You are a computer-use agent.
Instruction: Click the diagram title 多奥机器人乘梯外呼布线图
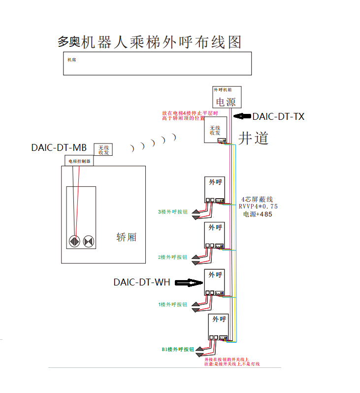click(x=150, y=42)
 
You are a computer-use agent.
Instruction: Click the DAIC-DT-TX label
click(x=278, y=117)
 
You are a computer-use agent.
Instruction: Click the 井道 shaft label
click(x=254, y=138)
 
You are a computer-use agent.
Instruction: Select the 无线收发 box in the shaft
click(x=215, y=130)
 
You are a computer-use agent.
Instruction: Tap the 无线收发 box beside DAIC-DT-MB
click(x=103, y=149)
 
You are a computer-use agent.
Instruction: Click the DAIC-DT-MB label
click(x=59, y=147)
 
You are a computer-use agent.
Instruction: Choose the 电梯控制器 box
click(x=79, y=161)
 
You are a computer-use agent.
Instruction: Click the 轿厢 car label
click(x=127, y=237)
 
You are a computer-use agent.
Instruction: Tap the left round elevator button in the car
click(x=74, y=242)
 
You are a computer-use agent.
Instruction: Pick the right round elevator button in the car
click(x=89, y=242)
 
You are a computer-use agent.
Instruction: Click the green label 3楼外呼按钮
click(x=172, y=212)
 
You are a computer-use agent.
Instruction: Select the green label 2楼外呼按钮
click(x=172, y=257)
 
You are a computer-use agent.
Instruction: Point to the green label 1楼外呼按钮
click(x=172, y=304)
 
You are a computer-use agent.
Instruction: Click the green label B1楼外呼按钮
click(x=178, y=349)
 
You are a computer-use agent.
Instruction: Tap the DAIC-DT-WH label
click(x=142, y=283)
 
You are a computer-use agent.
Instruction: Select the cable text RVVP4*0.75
click(x=258, y=207)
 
